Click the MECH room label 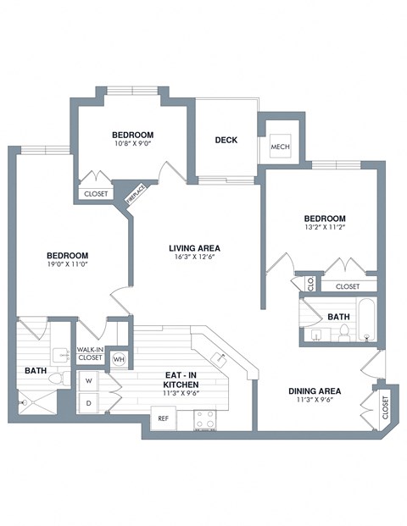pos(281,147)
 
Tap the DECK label pos(226,141)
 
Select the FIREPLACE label pos(132,196)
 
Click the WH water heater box pos(119,357)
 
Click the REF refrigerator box pos(164,417)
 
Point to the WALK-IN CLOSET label pos(90,354)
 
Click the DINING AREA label pos(315,391)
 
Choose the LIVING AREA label pos(194,248)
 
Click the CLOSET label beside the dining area pos(385,407)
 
